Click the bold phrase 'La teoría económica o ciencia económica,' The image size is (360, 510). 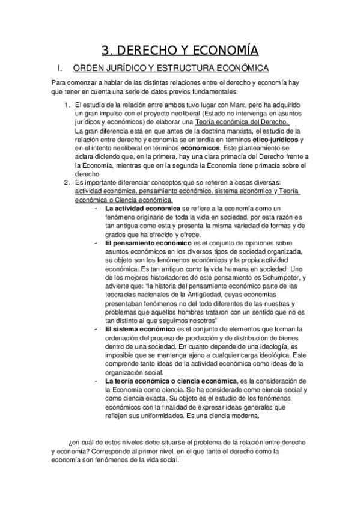pos(171,381)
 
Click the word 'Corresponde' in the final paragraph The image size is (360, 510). pos(102,450)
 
